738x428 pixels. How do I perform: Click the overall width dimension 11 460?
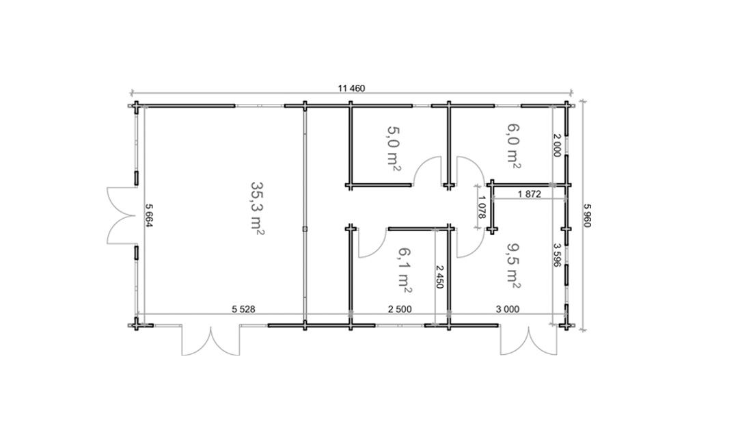[351, 88]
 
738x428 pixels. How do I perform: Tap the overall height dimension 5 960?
[587, 215]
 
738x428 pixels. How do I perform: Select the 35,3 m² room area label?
[256, 208]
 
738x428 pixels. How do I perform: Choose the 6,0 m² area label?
[513, 146]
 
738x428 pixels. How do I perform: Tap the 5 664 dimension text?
[149, 215]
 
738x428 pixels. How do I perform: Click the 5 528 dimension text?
[244, 309]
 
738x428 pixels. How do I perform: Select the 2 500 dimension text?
[400, 309]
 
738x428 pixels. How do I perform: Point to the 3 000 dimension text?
[508, 309]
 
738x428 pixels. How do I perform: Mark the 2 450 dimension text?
[439, 277]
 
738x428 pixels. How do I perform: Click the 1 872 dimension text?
[530, 193]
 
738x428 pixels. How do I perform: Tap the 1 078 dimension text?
[481, 208]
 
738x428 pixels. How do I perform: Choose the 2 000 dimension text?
[557, 146]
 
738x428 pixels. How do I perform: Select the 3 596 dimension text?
[557, 255]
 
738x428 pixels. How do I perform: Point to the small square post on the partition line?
[305, 229]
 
